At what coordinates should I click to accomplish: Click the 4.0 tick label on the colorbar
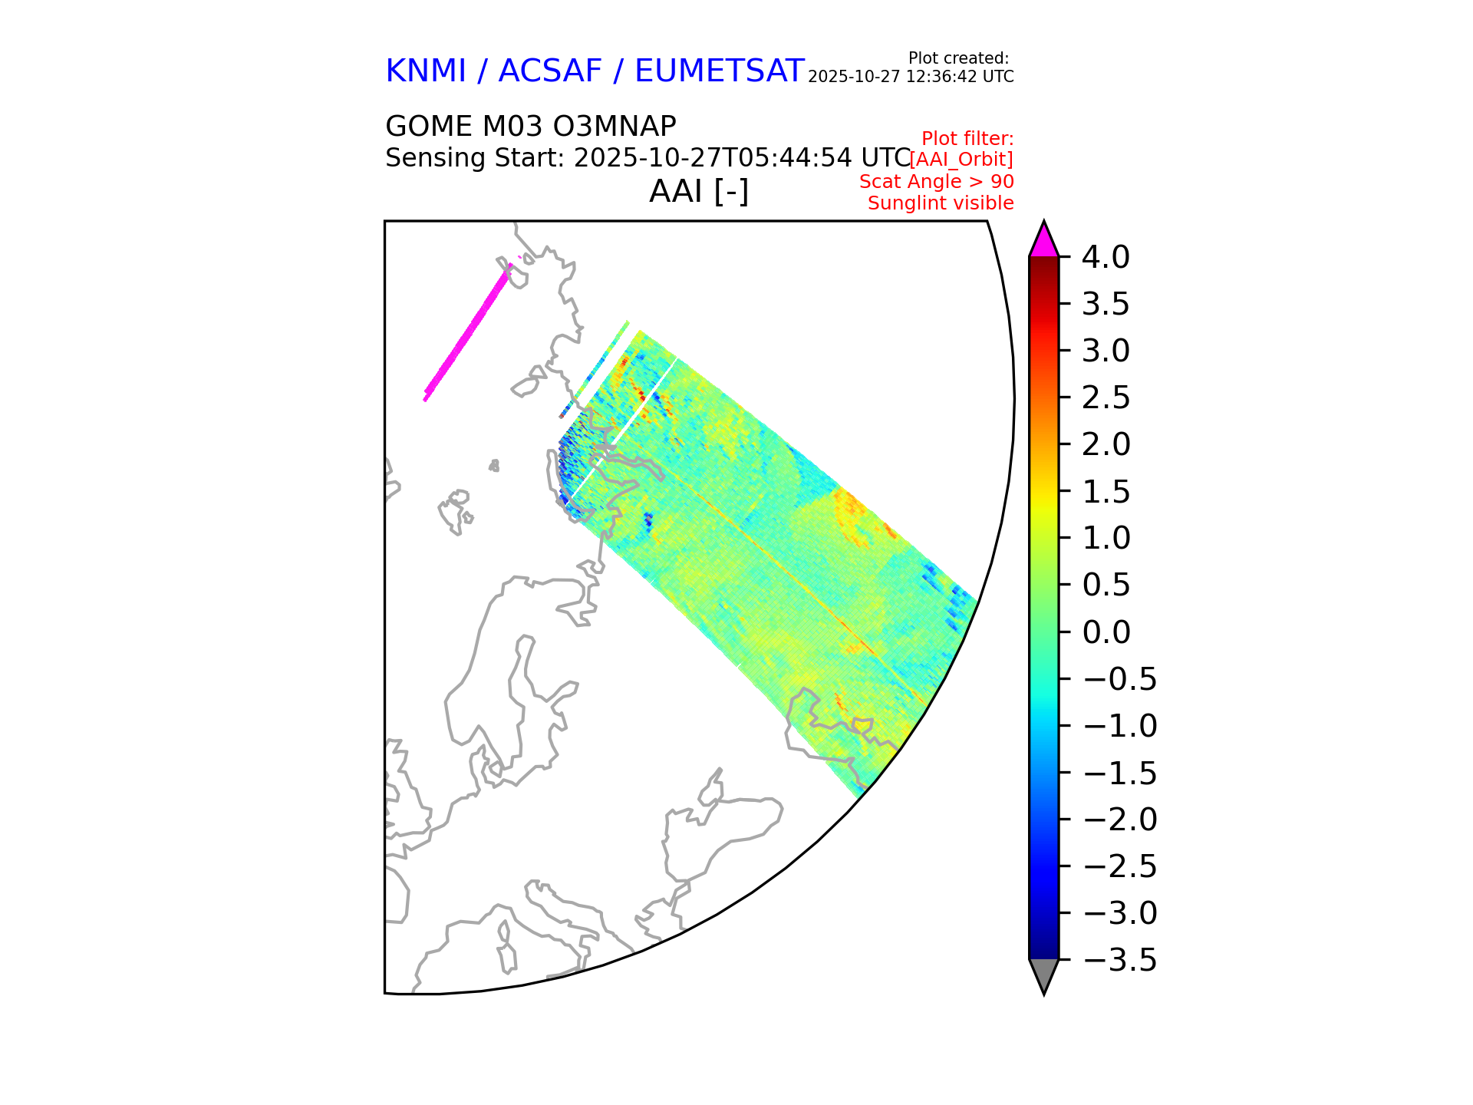[x=1106, y=257]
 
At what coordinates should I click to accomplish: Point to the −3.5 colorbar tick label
[x=1119, y=960]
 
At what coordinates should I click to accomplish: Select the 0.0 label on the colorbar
[x=1106, y=632]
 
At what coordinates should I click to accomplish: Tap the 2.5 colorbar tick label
[x=1106, y=397]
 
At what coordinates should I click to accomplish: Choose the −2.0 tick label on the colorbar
[x=1119, y=820]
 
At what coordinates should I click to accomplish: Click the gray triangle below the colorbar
[x=1043, y=975]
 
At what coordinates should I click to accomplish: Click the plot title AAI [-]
[x=698, y=191]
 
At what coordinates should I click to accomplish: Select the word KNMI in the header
[x=426, y=71]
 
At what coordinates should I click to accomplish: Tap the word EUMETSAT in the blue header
[x=719, y=71]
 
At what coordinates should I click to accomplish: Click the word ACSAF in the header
[x=550, y=71]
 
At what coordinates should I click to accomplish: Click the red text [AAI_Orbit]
[x=961, y=160]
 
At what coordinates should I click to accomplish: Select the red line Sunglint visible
[x=941, y=203]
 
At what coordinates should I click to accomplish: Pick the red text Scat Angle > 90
[x=936, y=182]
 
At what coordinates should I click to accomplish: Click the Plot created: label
[x=958, y=58]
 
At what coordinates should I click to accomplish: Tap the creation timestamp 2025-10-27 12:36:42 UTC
[x=911, y=77]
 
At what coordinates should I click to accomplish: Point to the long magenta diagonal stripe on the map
[x=466, y=332]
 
